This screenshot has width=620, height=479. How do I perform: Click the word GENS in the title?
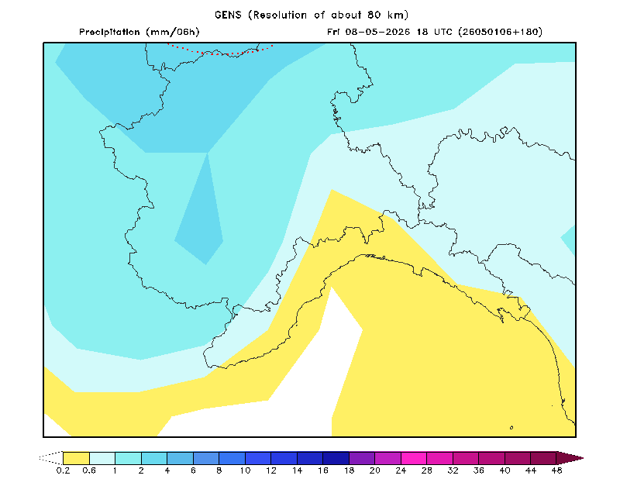(228, 15)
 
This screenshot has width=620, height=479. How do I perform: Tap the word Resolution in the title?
(280, 15)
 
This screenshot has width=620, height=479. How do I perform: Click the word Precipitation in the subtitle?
(109, 32)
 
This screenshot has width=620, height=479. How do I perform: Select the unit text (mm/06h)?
(173, 32)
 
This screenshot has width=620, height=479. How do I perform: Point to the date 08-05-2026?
(377, 32)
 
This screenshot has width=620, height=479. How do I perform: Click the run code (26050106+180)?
(500, 32)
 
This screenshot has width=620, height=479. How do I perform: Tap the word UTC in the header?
(443, 32)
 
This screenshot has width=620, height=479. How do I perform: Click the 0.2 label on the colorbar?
(63, 470)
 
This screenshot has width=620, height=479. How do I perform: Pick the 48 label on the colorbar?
(556, 470)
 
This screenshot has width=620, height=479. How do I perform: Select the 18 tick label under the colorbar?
(350, 470)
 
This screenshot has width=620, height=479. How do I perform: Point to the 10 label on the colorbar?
(245, 470)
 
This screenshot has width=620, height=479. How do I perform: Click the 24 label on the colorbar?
(401, 470)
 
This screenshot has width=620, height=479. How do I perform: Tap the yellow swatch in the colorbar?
(76, 458)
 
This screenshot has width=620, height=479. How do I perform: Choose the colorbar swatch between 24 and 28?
(414, 458)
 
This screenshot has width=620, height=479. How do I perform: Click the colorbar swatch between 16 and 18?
(336, 458)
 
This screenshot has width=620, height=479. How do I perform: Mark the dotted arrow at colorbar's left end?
(51, 458)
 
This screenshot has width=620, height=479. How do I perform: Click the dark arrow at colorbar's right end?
(570, 458)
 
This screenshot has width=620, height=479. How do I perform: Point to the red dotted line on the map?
(220, 52)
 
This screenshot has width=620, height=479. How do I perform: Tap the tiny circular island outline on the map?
(511, 428)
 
